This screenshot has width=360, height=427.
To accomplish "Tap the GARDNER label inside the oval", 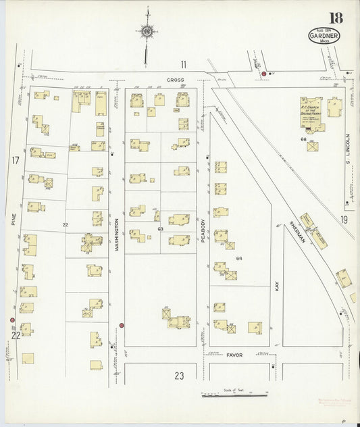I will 326,35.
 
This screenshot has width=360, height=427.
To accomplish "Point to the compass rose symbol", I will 146,30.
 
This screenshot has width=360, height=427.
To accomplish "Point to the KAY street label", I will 277,286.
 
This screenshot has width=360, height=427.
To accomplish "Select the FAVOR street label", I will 234,354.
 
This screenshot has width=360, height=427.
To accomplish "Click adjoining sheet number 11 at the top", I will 182,65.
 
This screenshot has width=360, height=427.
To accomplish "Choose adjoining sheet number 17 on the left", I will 15,160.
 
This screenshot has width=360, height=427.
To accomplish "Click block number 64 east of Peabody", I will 238,259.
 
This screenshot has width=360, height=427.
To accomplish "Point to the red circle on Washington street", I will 121,326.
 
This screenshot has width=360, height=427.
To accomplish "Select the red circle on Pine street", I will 12,320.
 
